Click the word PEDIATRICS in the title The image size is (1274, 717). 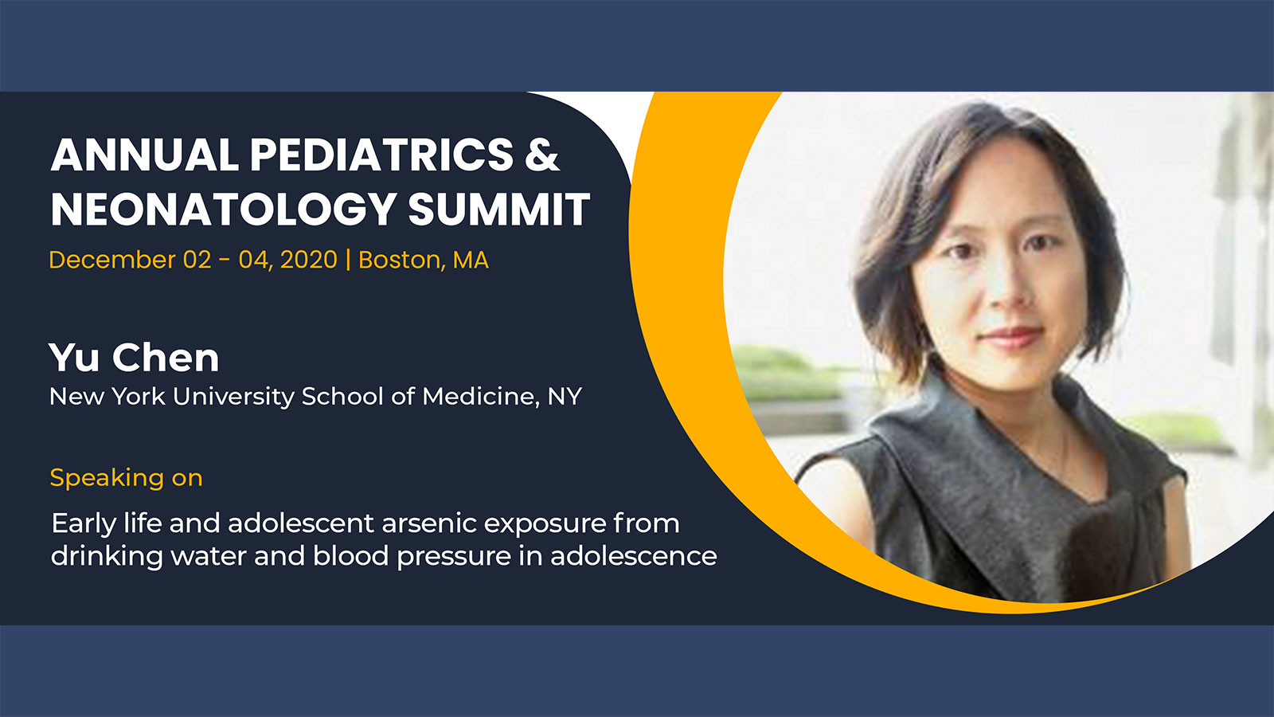[x=381, y=155]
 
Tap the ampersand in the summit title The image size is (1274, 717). [x=542, y=155]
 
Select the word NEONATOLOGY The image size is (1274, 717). [x=224, y=210]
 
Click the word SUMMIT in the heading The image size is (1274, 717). [x=499, y=210]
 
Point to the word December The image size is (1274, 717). [x=112, y=260]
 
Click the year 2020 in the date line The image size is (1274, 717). [x=309, y=260]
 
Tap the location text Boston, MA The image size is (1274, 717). [x=424, y=260]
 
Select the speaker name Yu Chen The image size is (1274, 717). [x=134, y=358]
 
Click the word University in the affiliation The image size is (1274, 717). [x=233, y=397]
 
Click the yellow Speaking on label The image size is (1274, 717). [x=127, y=478]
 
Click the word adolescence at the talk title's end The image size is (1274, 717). [x=634, y=556]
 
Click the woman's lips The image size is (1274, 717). [x=1012, y=338]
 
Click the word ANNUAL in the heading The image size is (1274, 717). [x=144, y=155]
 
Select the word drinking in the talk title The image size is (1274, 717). [x=107, y=556]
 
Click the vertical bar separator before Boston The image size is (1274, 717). [x=348, y=260]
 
